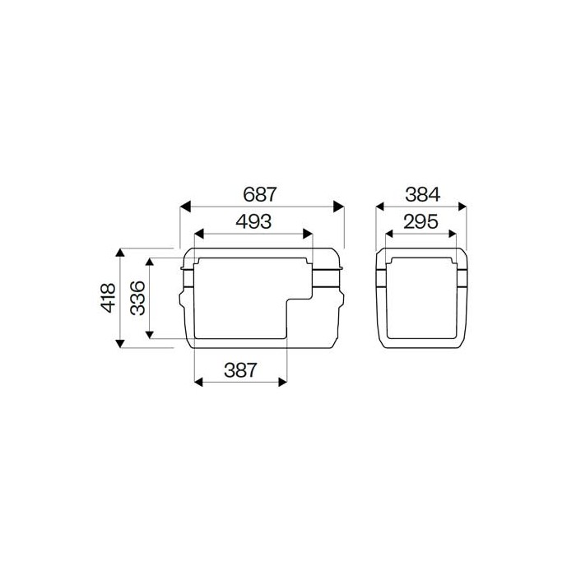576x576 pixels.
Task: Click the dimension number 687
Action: [261, 195]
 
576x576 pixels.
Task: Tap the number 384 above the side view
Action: [422, 195]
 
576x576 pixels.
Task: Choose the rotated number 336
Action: [137, 296]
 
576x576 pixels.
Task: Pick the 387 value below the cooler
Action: [239, 369]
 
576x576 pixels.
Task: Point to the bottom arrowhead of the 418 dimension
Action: [121, 340]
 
